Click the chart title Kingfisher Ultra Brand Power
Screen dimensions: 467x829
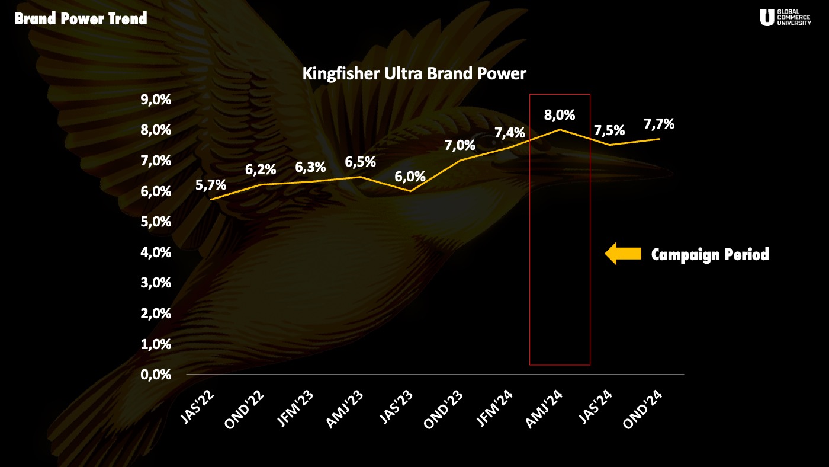(x=414, y=74)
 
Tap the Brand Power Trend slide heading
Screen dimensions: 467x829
(x=81, y=19)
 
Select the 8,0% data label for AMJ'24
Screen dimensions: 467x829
(x=560, y=114)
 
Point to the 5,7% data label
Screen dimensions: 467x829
(x=211, y=184)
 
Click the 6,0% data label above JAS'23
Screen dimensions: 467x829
(x=410, y=176)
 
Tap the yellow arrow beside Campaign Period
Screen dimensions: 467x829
(x=623, y=254)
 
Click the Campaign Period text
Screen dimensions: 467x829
(x=710, y=255)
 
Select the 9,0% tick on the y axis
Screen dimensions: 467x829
(x=156, y=99)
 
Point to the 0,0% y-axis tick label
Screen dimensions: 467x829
(x=156, y=375)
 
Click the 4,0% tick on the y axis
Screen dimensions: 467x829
(x=156, y=252)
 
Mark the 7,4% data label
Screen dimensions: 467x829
(x=510, y=133)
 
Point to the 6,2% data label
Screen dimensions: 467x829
(x=261, y=169)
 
